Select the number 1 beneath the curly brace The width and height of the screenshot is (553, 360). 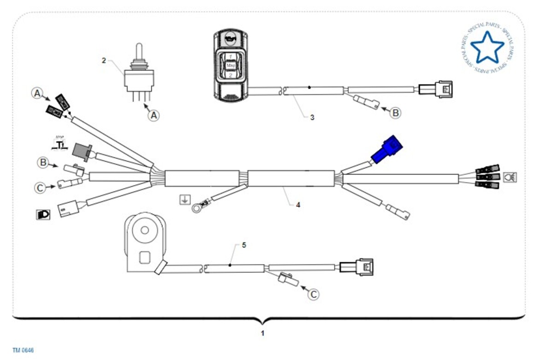tap(263, 333)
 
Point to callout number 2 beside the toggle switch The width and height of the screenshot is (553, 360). tap(104, 60)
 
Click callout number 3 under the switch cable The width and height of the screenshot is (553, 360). tap(312, 118)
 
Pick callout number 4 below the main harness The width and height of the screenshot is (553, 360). tap(298, 204)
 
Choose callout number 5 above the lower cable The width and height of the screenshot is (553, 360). tap(244, 245)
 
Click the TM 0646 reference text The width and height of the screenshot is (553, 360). tap(23, 350)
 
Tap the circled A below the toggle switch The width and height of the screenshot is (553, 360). tap(154, 115)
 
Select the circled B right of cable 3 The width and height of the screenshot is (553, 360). tap(395, 112)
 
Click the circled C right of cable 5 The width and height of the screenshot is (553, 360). tap(313, 294)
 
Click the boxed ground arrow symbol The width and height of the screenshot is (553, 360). tap(184, 200)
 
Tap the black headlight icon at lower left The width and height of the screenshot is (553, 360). tap(43, 214)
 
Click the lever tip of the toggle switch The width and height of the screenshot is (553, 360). tap(138, 48)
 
